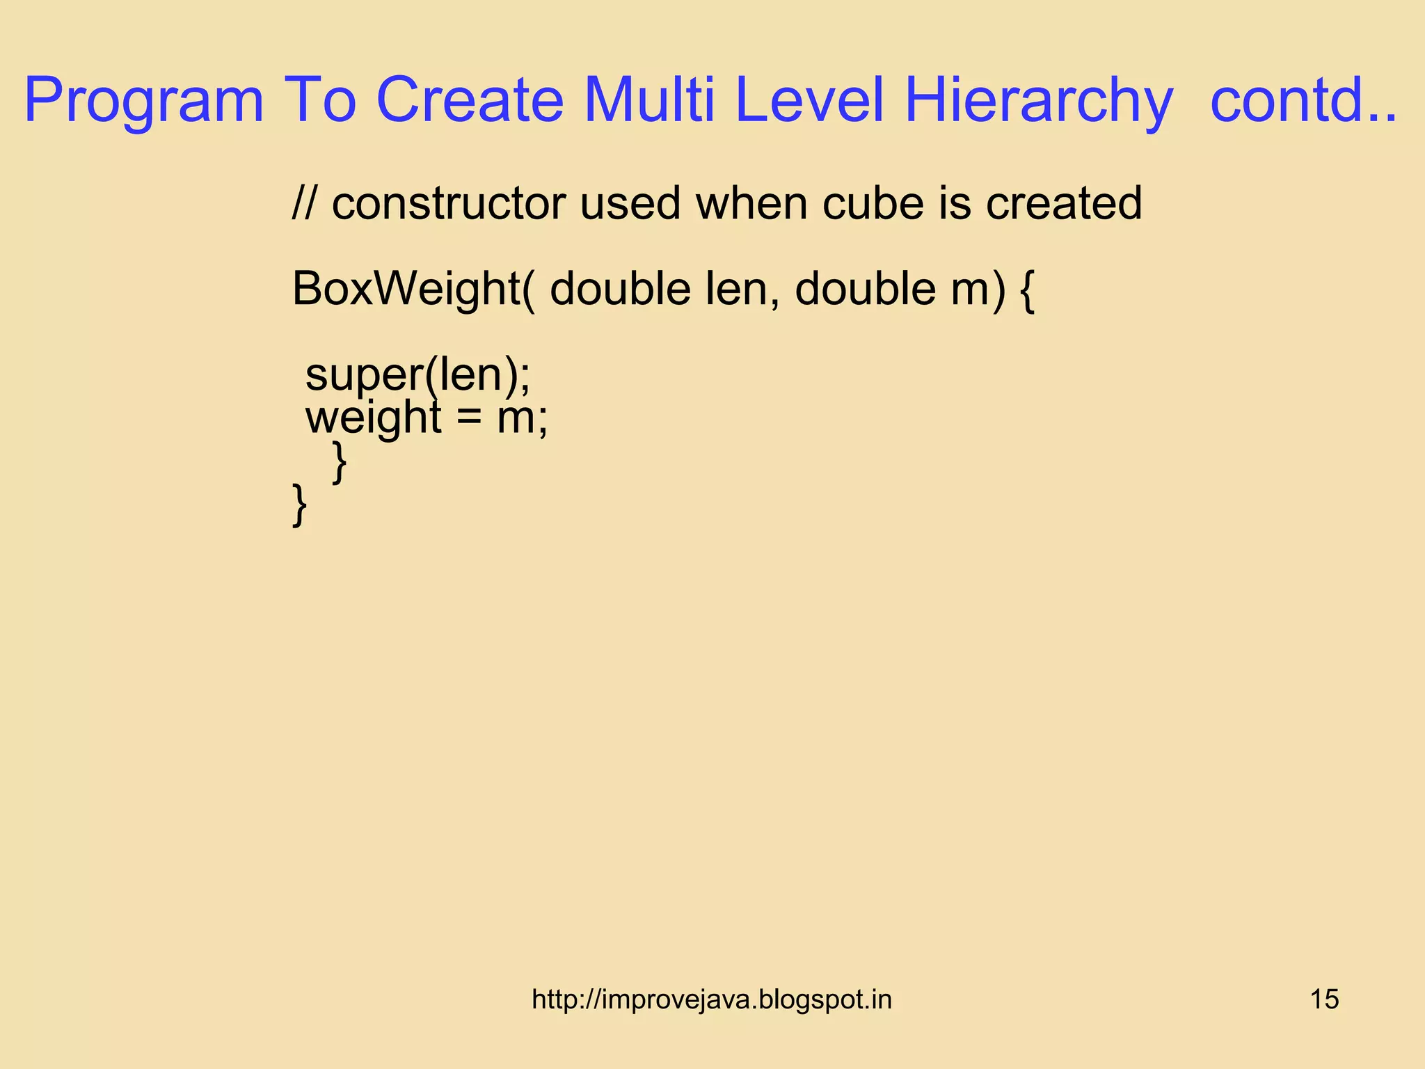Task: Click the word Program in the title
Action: click(x=144, y=101)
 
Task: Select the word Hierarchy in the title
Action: click(x=1038, y=101)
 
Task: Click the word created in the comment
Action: click(x=1064, y=203)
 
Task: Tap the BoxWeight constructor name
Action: click(x=406, y=290)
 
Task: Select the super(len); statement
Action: click(x=417, y=376)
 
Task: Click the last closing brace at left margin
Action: click(x=299, y=505)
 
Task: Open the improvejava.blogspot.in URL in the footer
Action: click(x=711, y=999)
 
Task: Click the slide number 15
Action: click(x=1324, y=999)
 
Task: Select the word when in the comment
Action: click(x=751, y=203)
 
